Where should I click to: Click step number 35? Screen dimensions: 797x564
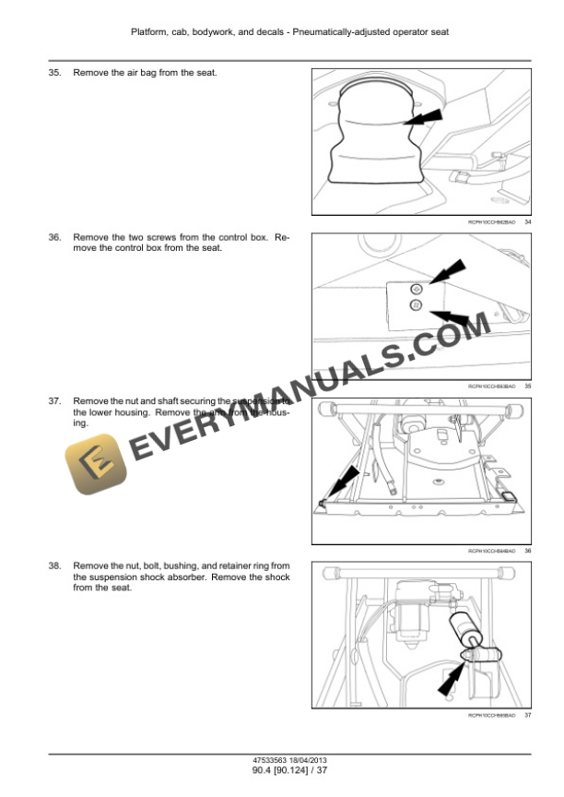[x=54, y=72]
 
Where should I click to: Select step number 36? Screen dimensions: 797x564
[x=54, y=237]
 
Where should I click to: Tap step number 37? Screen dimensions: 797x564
[x=54, y=401]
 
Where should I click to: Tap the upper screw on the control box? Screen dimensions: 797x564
[x=417, y=289]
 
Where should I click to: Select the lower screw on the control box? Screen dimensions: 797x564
[x=416, y=305]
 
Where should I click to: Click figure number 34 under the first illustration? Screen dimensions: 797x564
[x=527, y=222]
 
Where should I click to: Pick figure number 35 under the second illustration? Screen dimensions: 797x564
[x=527, y=387]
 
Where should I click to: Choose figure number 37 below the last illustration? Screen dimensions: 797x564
[x=527, y=715]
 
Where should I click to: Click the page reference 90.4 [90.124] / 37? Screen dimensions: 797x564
[x=281, y=772]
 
